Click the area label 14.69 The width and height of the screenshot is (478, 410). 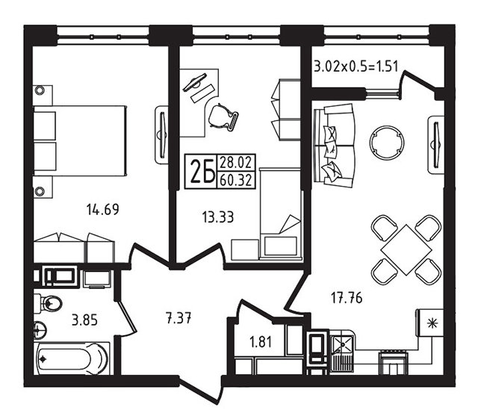[102, 209]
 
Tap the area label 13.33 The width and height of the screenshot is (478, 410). [217, 217]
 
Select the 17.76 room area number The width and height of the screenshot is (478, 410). [347, 297]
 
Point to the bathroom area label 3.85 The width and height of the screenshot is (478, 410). [84, 320]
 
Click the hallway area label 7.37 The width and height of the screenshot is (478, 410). [179, 319]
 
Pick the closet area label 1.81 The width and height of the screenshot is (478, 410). [261, 342]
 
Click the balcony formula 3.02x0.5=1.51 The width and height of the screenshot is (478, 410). [356, 66]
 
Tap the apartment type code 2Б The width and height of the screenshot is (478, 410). [201, 171]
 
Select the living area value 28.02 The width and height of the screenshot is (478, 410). [236, 163]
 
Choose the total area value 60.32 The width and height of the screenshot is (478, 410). [236, 181]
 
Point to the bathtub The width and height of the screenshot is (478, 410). [72, 358]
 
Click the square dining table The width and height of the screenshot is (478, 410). [406, 249]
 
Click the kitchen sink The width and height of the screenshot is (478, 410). [342, 345]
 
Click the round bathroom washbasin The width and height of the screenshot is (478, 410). [40, 330]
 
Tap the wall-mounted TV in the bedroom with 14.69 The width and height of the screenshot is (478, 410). [162, 134]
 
